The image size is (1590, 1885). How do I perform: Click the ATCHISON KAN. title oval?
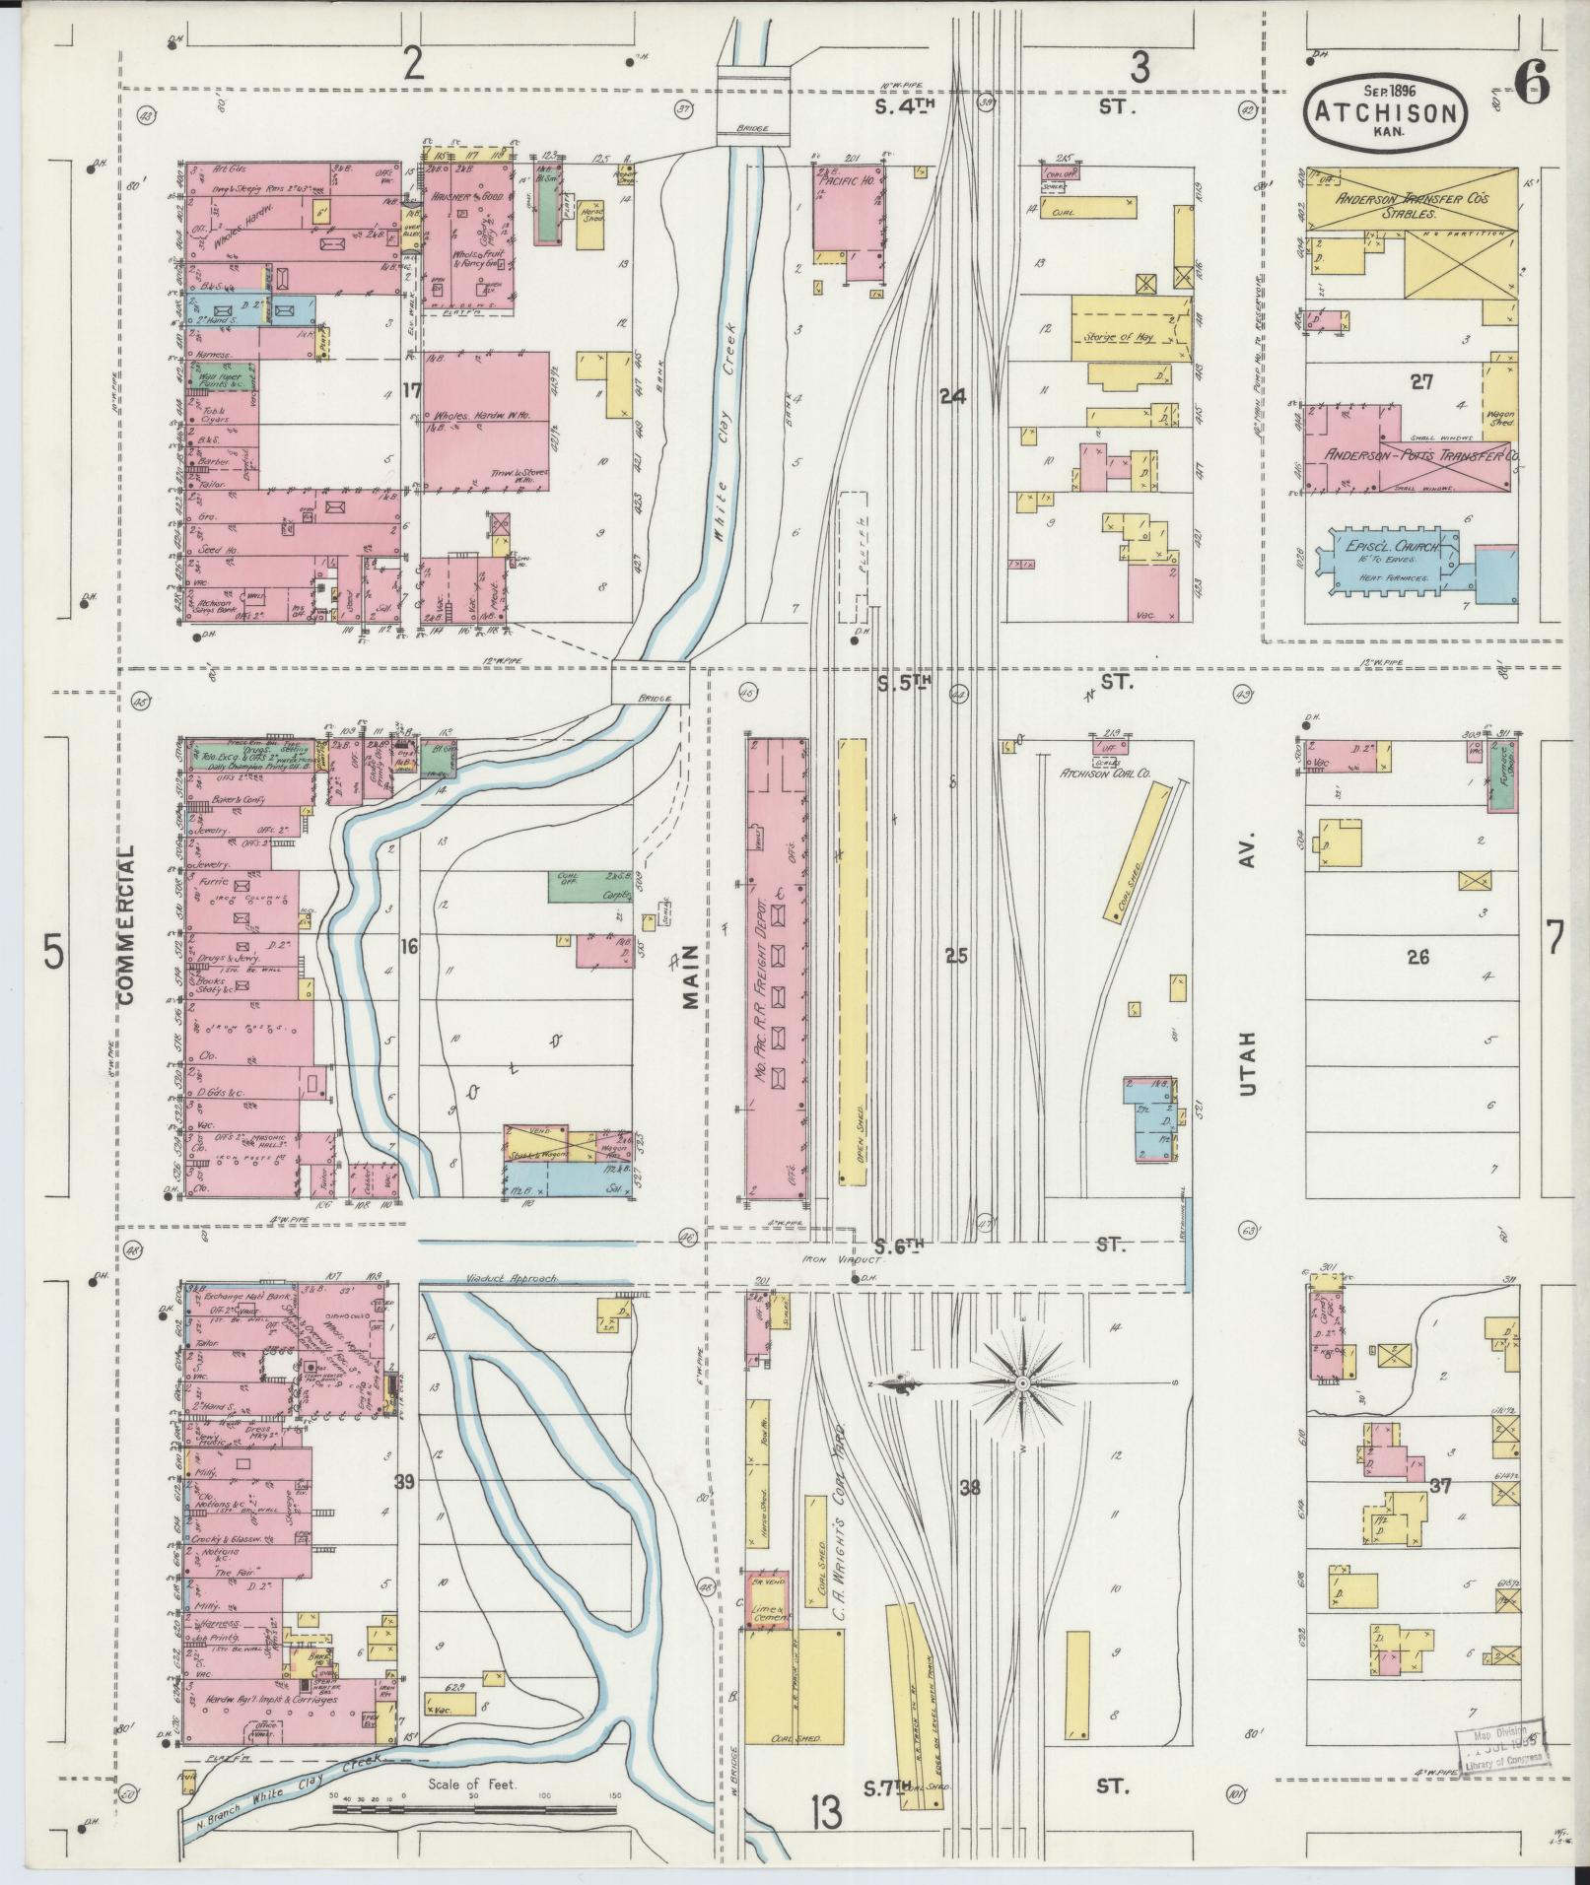[1385, 113]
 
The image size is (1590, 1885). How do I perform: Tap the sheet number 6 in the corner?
[1534, 87]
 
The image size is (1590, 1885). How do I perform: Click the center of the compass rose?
[1022, 1383]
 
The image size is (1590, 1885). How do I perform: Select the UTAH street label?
[1249, 1064]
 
